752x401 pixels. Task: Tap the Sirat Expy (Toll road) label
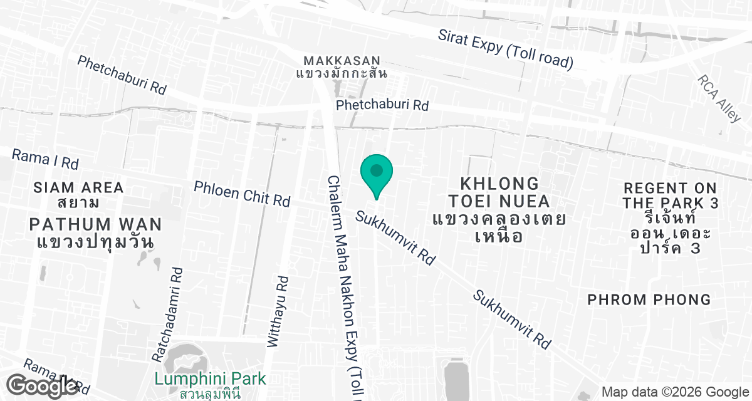(x=505, y=49)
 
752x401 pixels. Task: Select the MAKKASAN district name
(x=342, y=61)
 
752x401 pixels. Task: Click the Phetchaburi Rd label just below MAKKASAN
(x=382, y=105)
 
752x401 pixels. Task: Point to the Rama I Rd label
(x=45, y=159)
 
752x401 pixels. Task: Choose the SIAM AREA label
(x=78, y=187)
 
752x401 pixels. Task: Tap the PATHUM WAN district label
(x=95, y=224)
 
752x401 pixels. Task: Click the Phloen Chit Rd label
(x=242, y=194)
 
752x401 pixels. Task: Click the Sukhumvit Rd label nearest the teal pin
(x=395, y=237)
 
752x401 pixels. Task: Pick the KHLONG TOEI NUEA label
(x=499, y=192)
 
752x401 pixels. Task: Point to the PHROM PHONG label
(x=649, y=299)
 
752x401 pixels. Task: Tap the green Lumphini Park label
(x=210, y=379)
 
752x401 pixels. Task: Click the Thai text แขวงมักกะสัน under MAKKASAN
(x=342, y=73)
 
